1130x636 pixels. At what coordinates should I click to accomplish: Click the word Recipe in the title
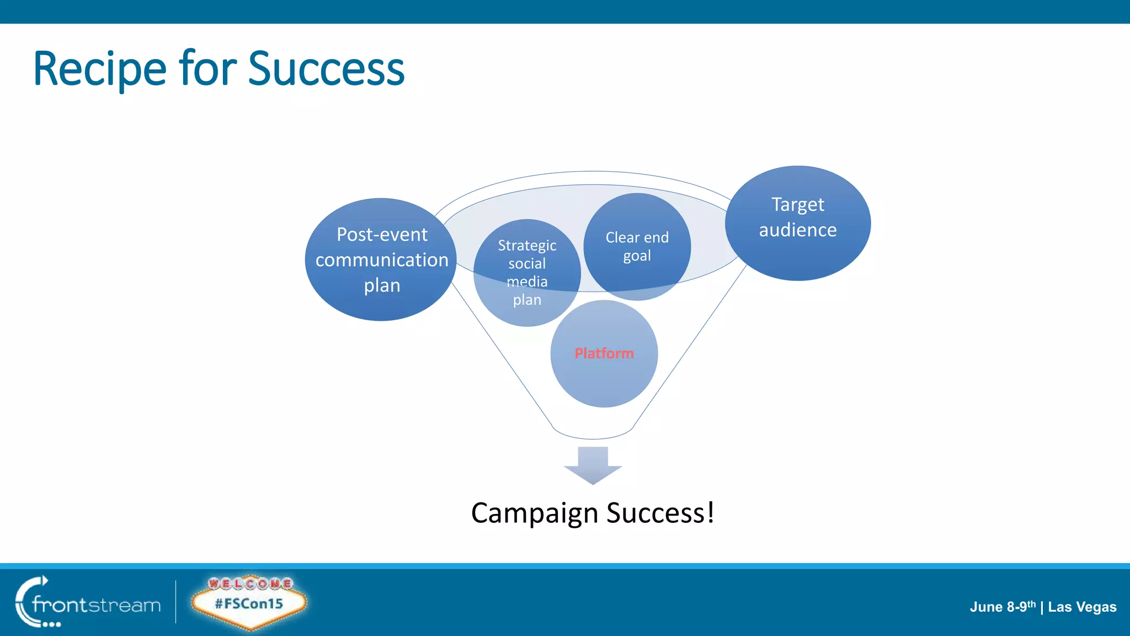point(99,69)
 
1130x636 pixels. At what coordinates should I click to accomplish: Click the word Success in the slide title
point(326,69)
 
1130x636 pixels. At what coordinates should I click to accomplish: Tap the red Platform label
point(604,353)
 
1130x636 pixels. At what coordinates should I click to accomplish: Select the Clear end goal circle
point(637,246)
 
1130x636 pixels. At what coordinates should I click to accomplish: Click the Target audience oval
point(797,222)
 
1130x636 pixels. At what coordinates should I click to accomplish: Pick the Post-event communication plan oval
point(381,259)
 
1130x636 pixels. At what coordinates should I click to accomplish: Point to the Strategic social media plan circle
point(527,272)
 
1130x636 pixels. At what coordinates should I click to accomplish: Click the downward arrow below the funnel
point(593,465)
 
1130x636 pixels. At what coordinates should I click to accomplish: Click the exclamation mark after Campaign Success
point(711,512)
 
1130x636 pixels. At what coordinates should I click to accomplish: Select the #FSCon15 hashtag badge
point(249,603)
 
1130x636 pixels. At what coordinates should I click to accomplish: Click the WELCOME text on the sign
point(250,583)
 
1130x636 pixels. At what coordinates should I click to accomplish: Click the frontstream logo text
point(97,605)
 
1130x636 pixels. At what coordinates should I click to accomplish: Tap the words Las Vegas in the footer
point(1082,607)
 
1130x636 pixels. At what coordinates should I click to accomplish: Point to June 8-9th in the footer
point(1002,607)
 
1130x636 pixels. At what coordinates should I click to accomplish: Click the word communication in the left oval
point(382,260)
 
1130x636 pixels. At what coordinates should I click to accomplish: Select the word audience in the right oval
point(797,230)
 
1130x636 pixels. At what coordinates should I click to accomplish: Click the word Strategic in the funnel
point(527,245)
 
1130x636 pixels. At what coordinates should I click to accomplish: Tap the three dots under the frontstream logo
point(52,624)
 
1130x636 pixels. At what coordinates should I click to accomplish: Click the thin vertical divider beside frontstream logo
point(176,602)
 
